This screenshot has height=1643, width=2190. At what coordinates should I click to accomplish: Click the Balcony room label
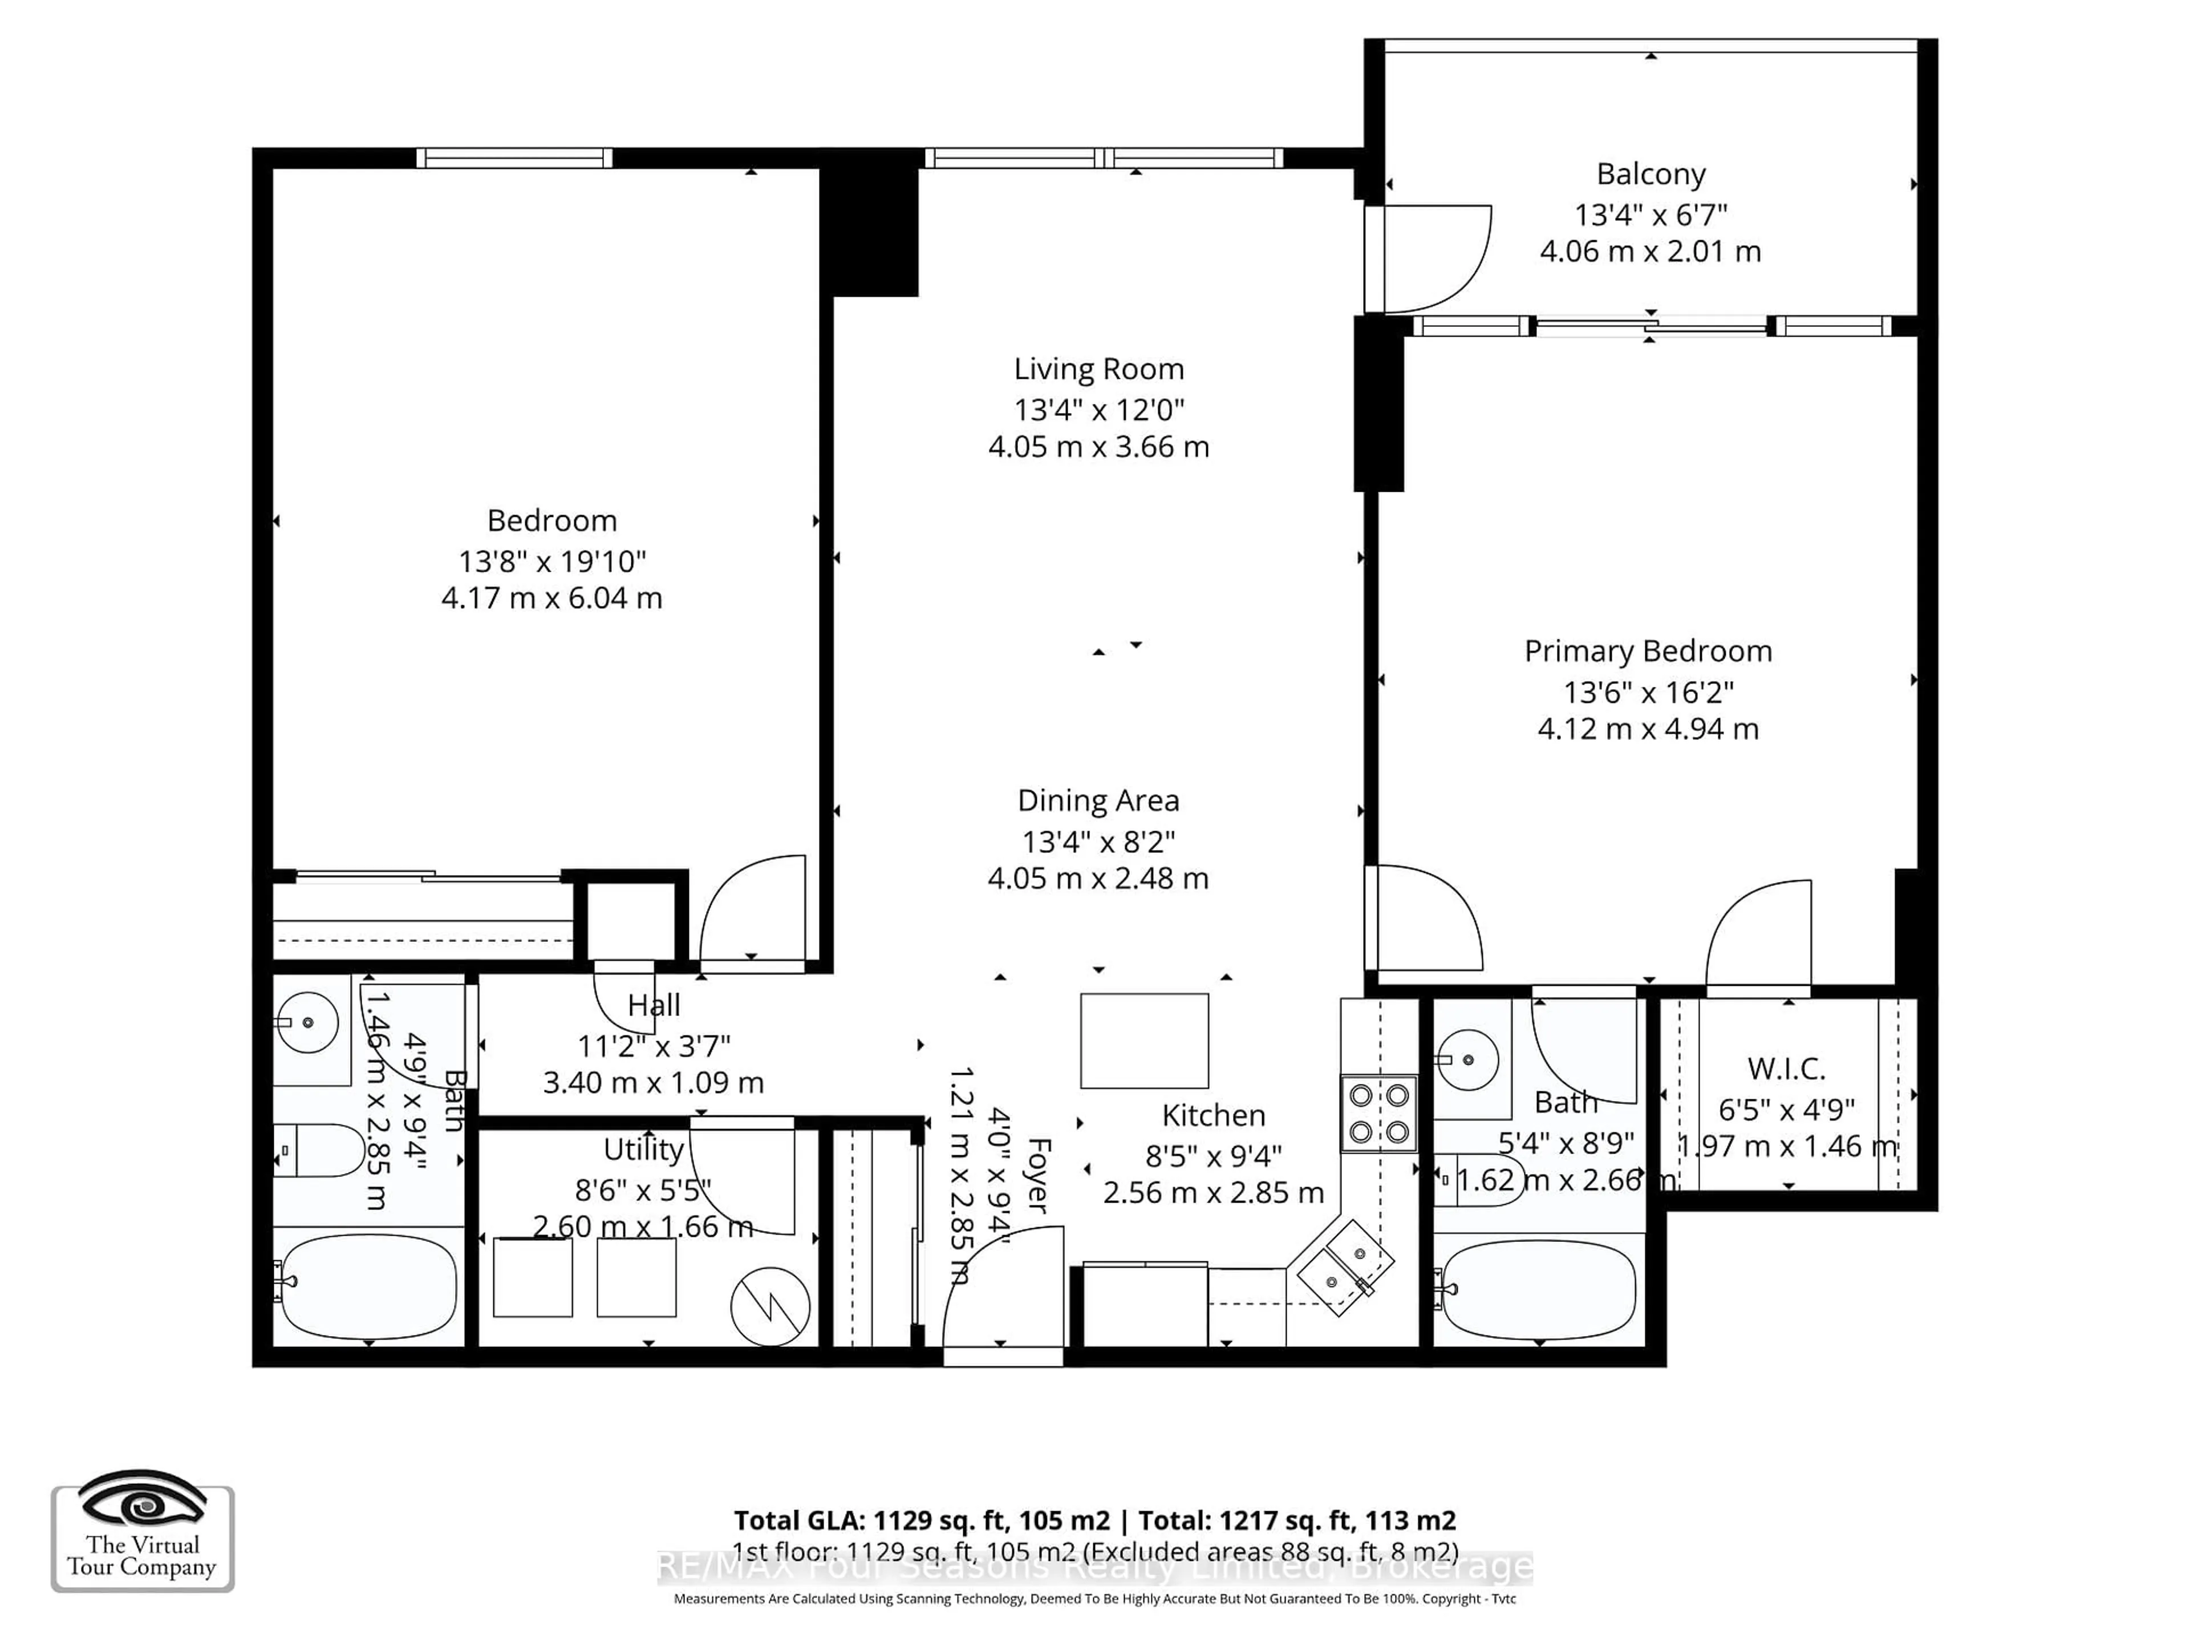(x=1650, y=175)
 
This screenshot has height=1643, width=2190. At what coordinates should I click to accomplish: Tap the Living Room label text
(x=1098, y=370)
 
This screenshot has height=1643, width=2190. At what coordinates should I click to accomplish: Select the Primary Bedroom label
(x=1648, y=651)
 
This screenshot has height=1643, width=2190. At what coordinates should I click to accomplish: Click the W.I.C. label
(x=1786, y=1069)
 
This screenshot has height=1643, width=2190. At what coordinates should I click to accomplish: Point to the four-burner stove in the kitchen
(x=1379, y=1113)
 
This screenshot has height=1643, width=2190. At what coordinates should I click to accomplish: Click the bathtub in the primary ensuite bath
(x=1539, y=1289)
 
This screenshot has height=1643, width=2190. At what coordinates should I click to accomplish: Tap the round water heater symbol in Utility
(x=770, y=1308)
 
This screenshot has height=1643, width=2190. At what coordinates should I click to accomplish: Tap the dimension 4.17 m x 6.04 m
(x=551, y=598)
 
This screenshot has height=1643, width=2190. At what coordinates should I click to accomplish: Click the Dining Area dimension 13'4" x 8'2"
(x=1098, y=842)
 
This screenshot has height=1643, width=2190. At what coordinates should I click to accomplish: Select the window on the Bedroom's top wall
(x=514, y=157)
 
